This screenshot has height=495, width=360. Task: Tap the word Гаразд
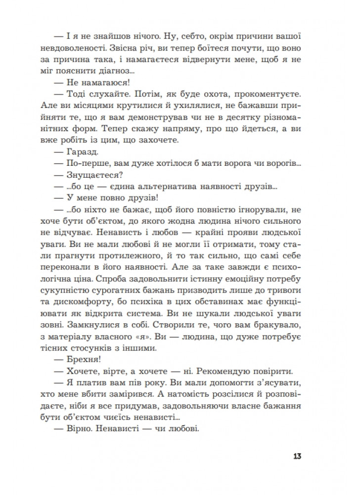coord(91,153)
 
